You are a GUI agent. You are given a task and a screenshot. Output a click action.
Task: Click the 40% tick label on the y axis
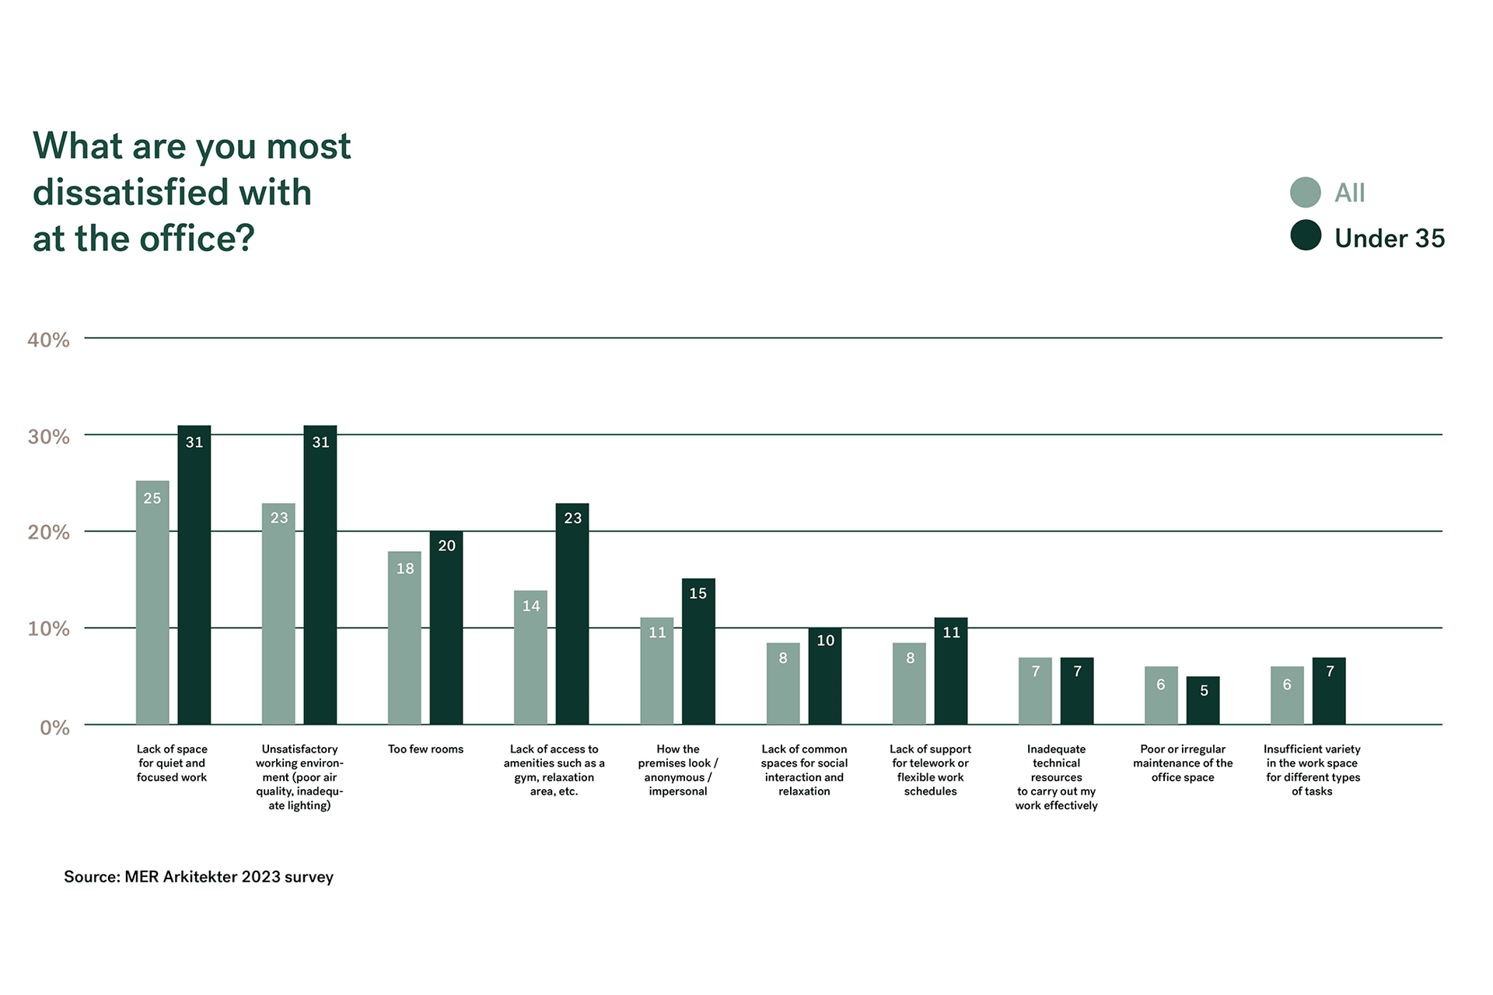tap(48, 340)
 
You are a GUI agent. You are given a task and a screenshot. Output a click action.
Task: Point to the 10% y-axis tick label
tap(48, 629)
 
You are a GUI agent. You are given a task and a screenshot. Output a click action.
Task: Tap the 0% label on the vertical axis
tap(54, 728)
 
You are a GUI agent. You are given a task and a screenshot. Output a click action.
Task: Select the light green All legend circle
tap(1305, 193)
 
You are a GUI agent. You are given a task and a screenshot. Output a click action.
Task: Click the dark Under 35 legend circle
tap(1305, 236)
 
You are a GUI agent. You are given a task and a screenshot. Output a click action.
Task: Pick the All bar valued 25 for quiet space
tap(152, 602)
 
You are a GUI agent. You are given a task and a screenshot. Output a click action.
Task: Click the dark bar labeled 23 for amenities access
tap(572, 614)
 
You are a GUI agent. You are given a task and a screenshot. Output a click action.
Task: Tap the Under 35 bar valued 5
tap(1203, 700)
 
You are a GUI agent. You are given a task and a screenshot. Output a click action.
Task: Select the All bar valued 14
tap(530, 658)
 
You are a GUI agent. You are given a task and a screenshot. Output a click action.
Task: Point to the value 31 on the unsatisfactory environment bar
tap(320, 442)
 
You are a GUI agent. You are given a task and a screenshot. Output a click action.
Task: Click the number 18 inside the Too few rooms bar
tap(405, 569)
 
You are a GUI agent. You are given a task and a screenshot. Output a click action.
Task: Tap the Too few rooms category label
tap(425, 749)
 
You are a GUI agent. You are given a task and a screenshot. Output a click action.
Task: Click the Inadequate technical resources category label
tap(1056, 777)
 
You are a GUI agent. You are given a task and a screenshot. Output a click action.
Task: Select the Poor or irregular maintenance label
tap(1183, 763)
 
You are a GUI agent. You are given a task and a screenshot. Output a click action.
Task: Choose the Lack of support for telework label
tap(930, 770)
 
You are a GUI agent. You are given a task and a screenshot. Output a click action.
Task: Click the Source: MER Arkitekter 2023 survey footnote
tap(198, 877)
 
